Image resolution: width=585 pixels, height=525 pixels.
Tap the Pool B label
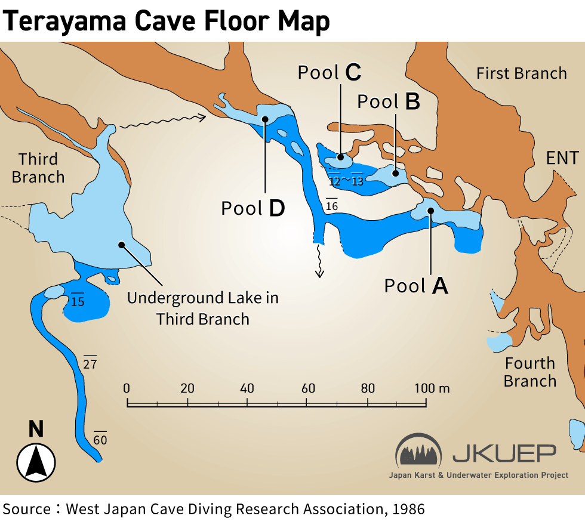click(x=389, y=101)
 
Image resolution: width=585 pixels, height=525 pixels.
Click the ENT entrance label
click(x=562, y=158)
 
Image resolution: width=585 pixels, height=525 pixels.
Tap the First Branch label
click(x=521, y=73)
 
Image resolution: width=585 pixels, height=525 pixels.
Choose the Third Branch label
click(x=38, y=168)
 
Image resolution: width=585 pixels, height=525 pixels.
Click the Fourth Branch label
click(x=530, y=372)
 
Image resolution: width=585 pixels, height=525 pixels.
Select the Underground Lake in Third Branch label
click(x=202, y=308)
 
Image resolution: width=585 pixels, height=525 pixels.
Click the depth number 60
click(x=100, y=440)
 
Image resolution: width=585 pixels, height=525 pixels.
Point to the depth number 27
click(x=90, y=363)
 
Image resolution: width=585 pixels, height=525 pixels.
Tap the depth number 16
click(x=332, y=205)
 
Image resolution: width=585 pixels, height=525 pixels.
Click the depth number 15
click(x=78, y=301)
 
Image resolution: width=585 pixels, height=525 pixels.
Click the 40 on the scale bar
click(x=247, y=388)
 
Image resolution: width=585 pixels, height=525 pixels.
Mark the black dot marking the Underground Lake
click(x=121, y=244)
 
